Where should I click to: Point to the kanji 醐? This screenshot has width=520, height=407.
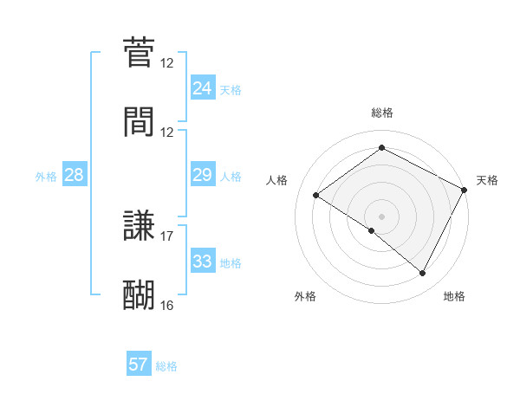(139, 294)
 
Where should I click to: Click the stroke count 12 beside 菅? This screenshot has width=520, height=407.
(167, 63)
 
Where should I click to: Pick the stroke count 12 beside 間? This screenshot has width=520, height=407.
(167, 132)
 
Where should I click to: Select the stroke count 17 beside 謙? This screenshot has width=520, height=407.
(167, 236)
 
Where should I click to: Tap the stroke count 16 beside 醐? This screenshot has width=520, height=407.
(167, 305)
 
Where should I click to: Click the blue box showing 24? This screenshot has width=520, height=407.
(202, 88)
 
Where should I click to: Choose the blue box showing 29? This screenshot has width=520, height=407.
(202, 175)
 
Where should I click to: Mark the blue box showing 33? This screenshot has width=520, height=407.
(202, 262)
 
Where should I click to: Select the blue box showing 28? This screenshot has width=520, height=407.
(74, 175)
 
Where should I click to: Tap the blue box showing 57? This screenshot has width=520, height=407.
(139, 365)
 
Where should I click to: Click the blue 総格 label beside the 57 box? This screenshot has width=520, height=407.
(167, 366)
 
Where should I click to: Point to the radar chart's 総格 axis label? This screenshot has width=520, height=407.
(382, 113)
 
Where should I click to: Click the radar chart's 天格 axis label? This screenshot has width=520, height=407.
(488, 180)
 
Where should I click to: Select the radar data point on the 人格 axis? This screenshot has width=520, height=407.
(316, 196)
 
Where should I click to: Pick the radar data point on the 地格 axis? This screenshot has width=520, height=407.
(423, 274)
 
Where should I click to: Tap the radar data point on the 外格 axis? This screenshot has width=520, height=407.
(372, 231)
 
